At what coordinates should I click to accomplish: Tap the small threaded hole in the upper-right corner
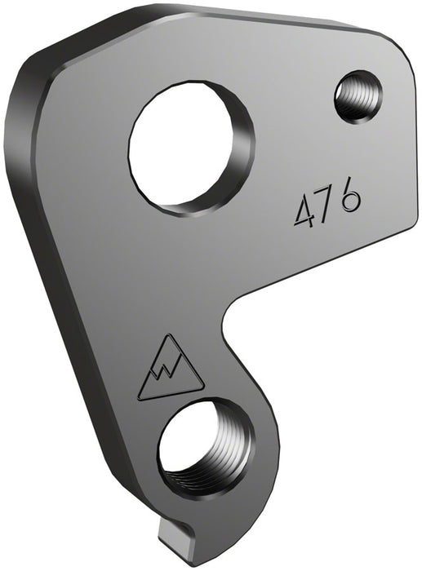pyautogui.click(x=357, y=96)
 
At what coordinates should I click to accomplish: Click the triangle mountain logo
pyautogui.click(x=170, y=371)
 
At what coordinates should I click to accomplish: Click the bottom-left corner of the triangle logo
pyautogui.click(x=140, y=397)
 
